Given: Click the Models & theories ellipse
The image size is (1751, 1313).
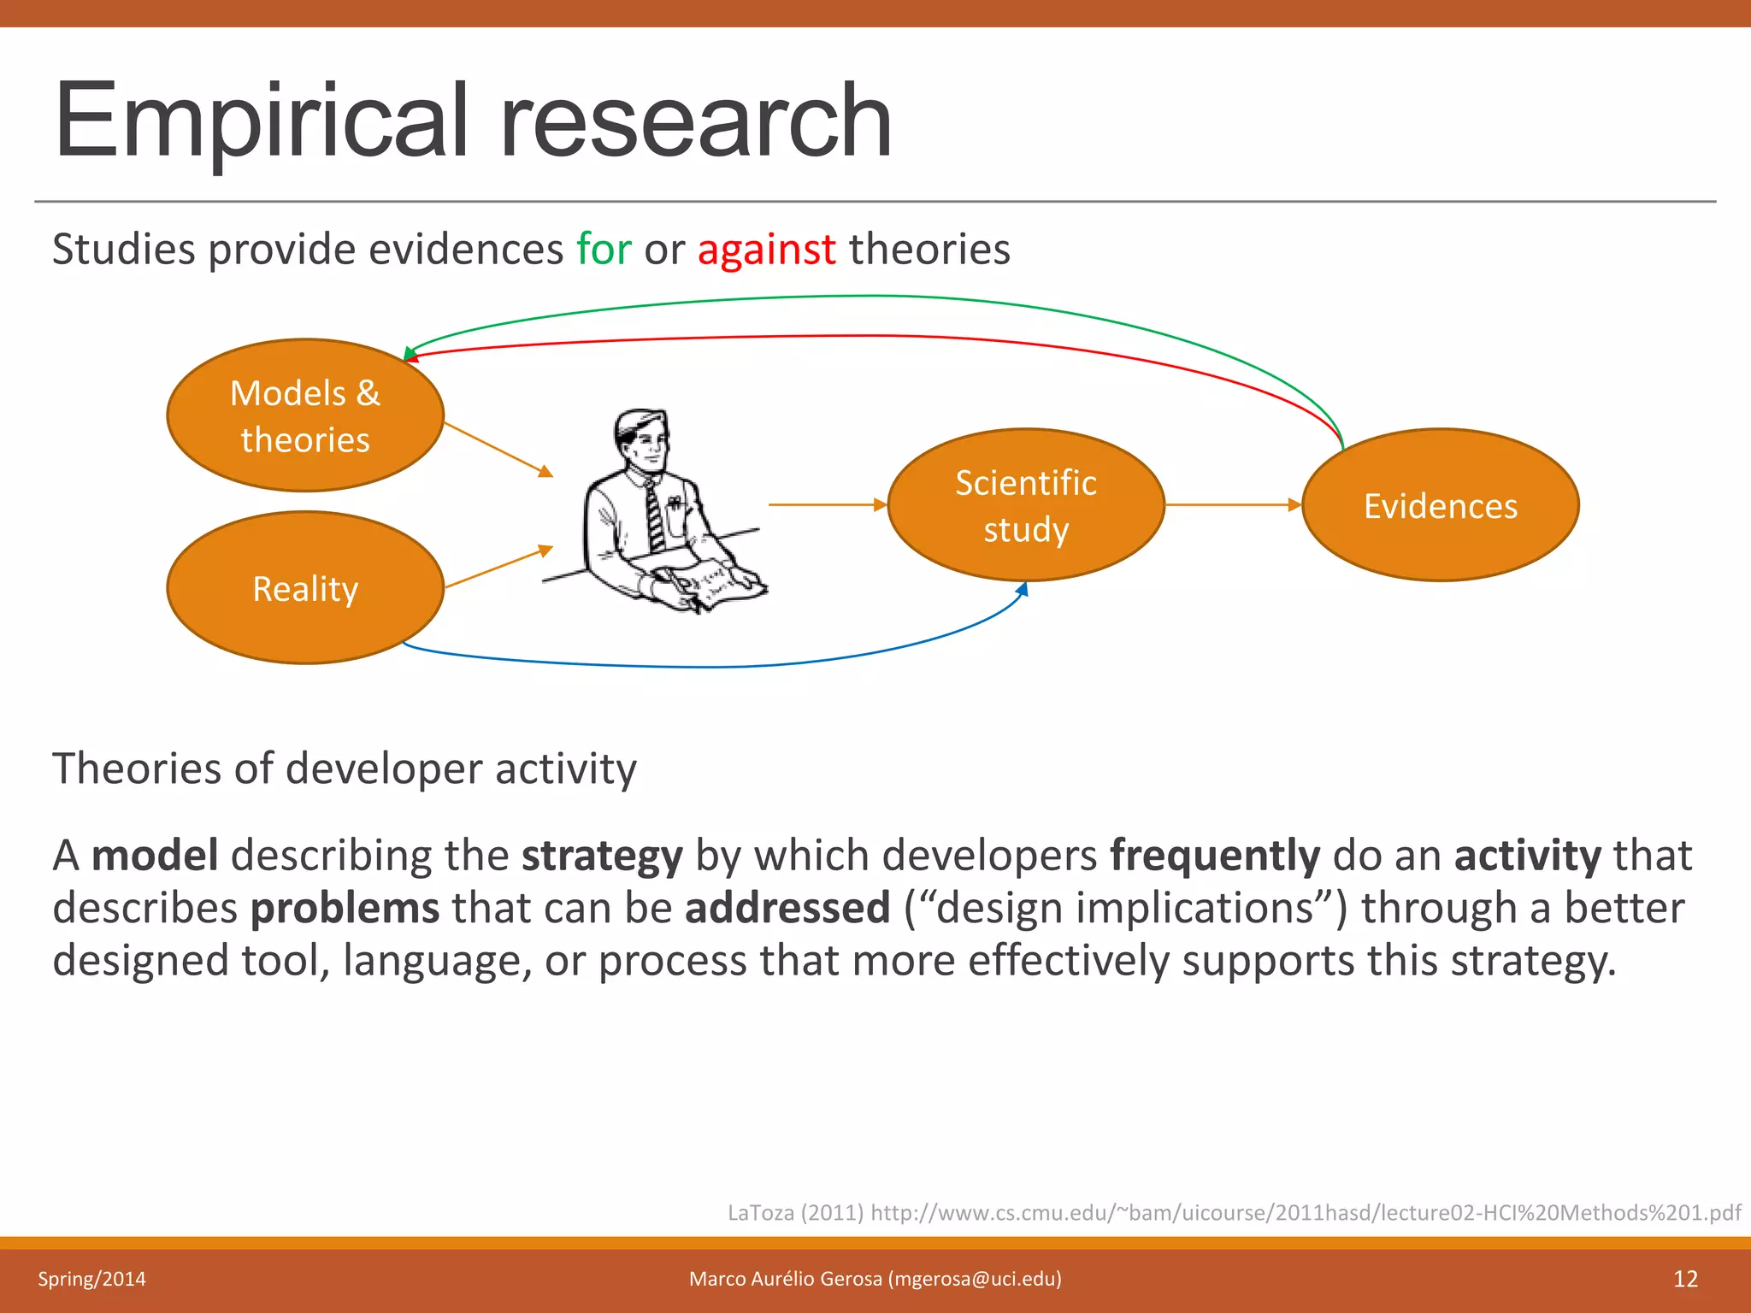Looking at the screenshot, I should [305, 415].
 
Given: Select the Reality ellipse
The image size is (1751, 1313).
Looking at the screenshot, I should [305, 588].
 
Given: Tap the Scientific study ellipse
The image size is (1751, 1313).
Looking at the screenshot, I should [1026, 505].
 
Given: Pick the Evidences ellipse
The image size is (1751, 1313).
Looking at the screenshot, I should [1440, 505].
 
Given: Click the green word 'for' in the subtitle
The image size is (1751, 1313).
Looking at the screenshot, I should [604, 250].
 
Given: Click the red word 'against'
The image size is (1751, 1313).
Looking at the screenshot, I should [766, 250].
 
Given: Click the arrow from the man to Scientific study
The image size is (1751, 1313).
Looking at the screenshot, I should [826, 505].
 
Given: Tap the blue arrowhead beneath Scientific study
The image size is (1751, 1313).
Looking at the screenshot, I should [1023, 589].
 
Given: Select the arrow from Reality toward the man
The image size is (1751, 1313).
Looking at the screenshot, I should [498, 567].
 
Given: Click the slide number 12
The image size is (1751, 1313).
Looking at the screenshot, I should [1684, 1279].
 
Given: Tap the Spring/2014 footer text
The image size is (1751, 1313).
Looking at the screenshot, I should [91, 1279].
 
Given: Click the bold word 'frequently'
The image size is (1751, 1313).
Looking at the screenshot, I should [1214, 856].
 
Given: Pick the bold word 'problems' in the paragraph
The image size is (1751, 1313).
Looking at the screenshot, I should [345, 908].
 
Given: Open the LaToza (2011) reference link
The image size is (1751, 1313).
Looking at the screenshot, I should [1233, 1212].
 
